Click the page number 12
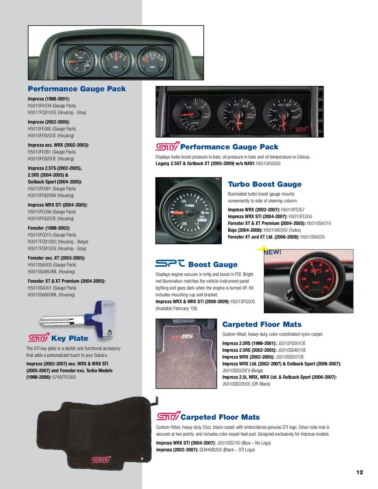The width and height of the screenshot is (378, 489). (360, 472)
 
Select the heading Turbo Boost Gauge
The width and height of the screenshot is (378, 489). (265, 184)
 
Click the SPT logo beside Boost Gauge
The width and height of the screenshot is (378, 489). (170, 264)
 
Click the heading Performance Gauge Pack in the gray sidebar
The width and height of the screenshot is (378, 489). (76, 89)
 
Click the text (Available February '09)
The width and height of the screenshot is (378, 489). (176, 309)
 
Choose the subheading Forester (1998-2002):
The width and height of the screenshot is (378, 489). (49, 228)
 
